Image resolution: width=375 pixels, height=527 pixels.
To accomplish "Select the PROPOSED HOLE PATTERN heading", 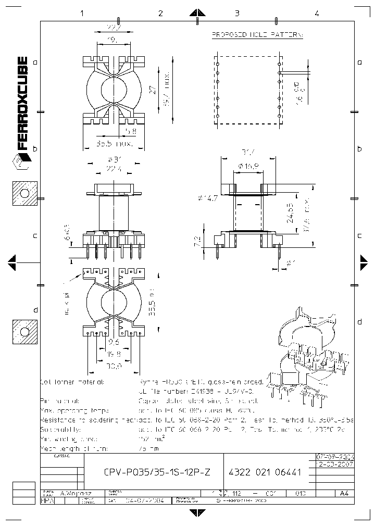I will point(257,35).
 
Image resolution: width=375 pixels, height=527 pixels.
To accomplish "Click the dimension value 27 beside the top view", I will point(153,89).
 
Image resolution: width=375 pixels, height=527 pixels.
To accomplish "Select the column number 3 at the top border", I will point(237,14).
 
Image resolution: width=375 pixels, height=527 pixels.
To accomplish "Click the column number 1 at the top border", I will point(82,14).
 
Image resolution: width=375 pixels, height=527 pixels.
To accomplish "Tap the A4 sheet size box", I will point(344,493).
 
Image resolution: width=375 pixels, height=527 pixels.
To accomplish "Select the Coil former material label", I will point(72,382).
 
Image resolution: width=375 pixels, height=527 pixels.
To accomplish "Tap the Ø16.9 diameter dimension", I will point(248,166).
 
